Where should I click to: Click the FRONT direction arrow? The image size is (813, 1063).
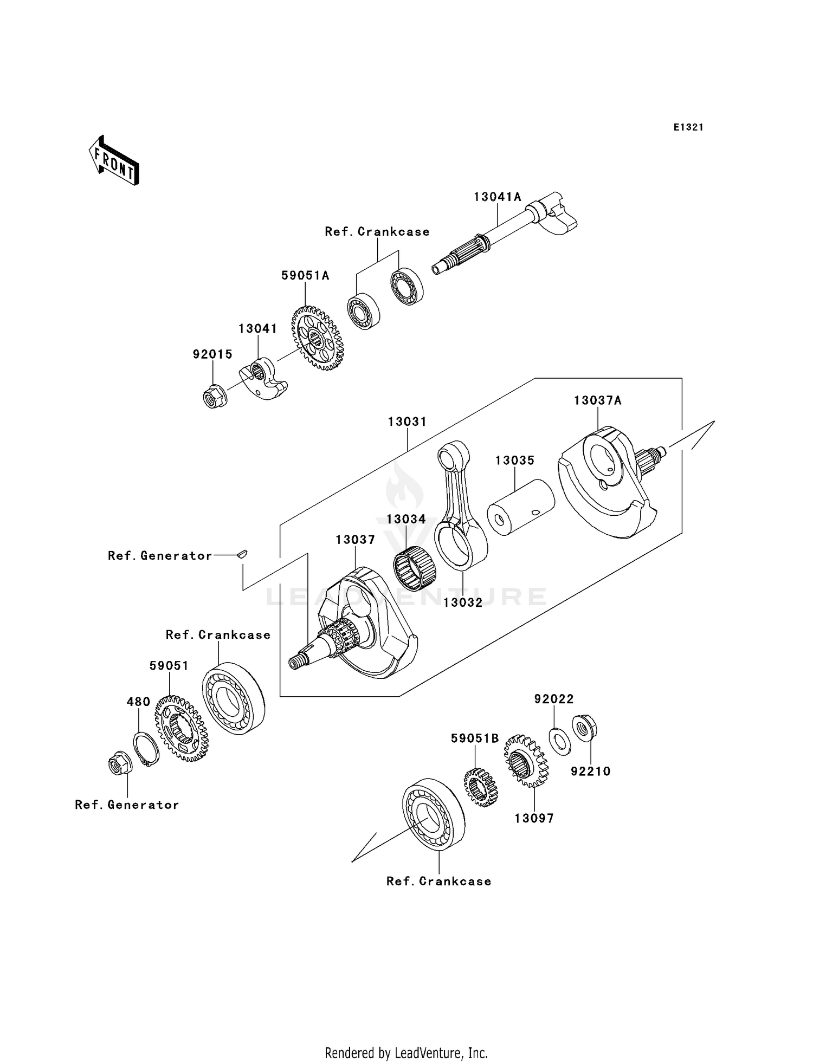114,161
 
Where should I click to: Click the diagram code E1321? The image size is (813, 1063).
688,127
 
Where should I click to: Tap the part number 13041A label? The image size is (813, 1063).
497,197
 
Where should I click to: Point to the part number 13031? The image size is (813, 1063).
407,422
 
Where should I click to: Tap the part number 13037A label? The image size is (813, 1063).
597,400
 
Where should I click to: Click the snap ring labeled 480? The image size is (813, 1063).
146,749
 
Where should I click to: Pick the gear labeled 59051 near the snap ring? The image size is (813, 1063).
181,729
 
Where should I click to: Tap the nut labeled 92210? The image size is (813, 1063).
584,729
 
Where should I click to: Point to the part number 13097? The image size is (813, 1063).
534,819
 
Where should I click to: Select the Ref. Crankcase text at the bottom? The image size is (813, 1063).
438,881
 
